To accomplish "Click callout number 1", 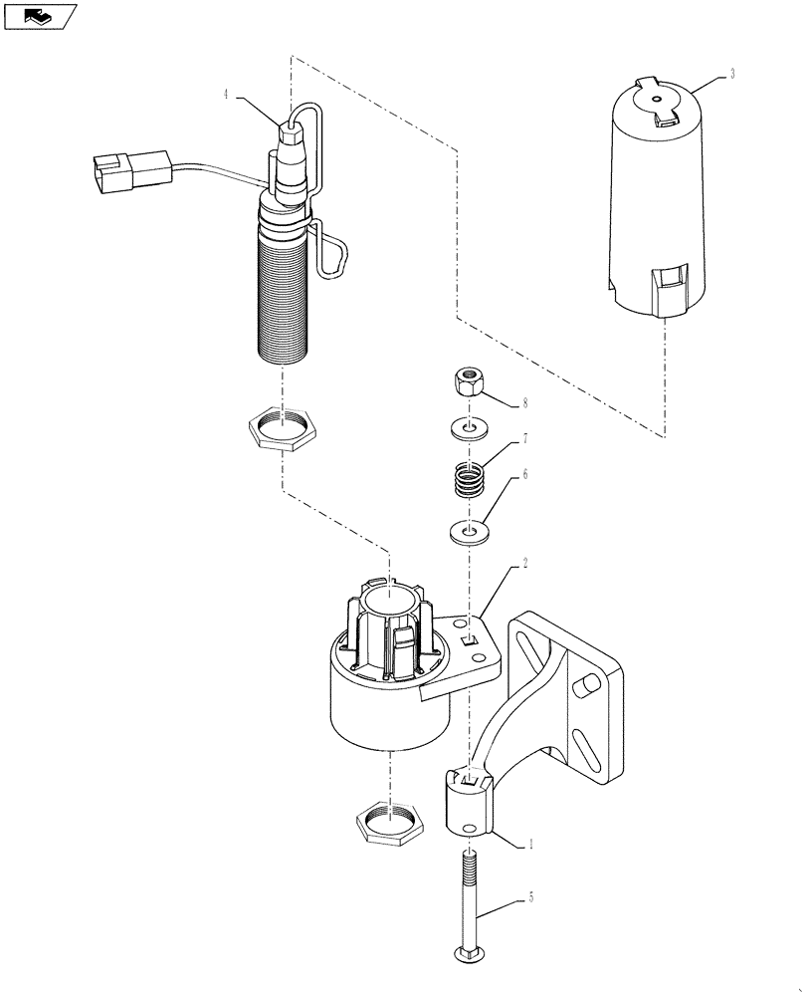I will [531, 844].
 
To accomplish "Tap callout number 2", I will [523, 563].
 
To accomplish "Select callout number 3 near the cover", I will [732, 75].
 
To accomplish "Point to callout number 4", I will [226, 94].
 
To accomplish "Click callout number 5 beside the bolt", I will [531, 897].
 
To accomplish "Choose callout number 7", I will [525, 439].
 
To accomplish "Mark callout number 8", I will [525, 404].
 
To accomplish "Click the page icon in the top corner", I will [39, 16].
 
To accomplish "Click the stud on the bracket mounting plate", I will [587, 684].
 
